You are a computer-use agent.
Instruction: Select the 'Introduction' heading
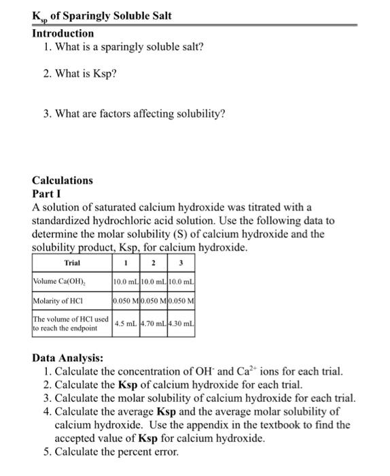coord(63,33)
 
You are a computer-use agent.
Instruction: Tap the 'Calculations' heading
coord(63,180)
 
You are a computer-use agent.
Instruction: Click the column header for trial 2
coord(154,263)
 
